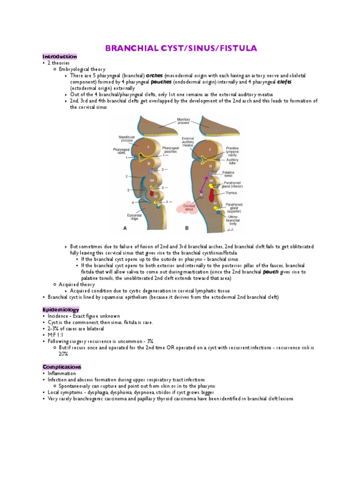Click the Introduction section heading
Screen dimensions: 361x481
click(59, 56)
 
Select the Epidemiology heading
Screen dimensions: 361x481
click(61, 310)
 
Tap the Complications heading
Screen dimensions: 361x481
click(62, 367)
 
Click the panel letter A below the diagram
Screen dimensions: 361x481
click(125, 228)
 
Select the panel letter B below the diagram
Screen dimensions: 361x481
click(187, 228)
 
